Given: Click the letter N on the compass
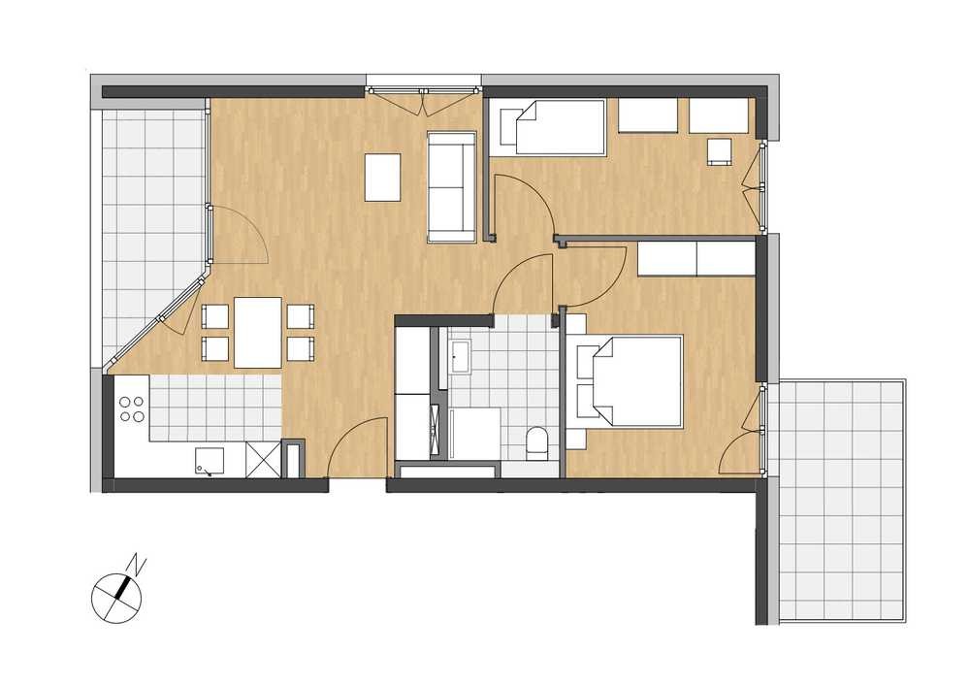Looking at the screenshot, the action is [x=138, y=565].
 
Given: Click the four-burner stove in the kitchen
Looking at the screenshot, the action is [x=132, y=408].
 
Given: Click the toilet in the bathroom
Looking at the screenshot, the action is [x=536, y=443].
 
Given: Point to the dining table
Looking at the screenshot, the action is [x=259, y=332].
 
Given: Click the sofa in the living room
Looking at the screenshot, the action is [x=452, y=186].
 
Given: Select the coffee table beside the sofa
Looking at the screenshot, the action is [x=383, y=177].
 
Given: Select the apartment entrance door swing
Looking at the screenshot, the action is [x=356, y=446].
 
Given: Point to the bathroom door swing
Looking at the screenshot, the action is [x=523, y=283].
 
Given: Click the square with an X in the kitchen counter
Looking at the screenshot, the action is [x=263, y=459].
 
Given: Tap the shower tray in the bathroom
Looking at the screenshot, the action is [x=475, y=434].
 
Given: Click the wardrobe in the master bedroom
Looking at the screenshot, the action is [x=696, y=258].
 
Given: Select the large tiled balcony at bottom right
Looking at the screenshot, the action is [x=842, y=499].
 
